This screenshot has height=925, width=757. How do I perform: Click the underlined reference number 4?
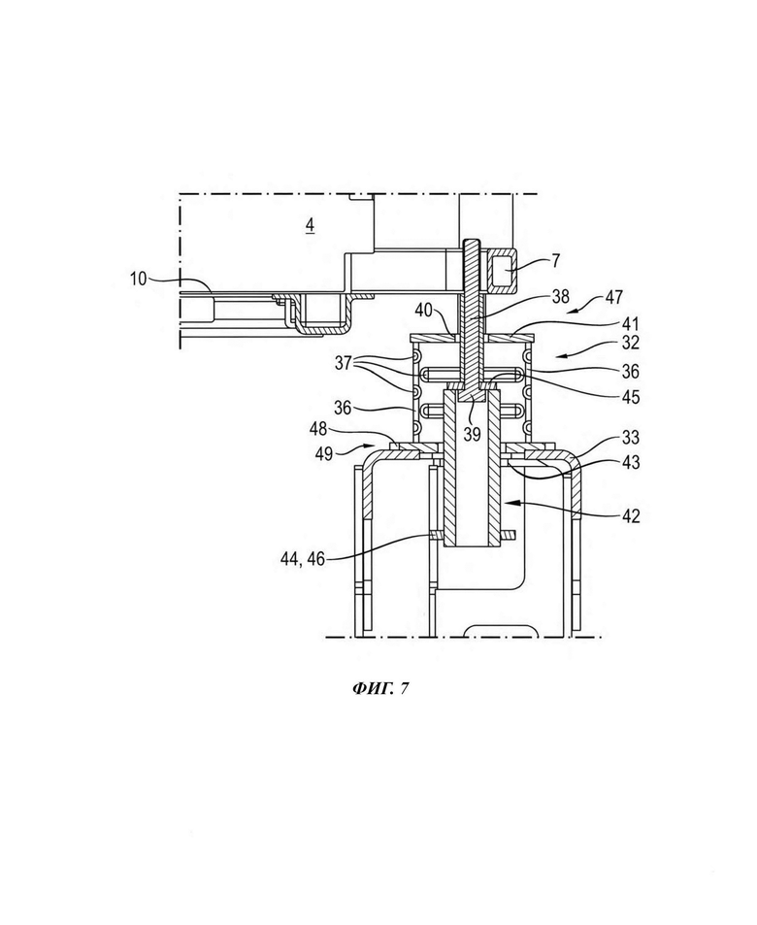[x=310, y=225]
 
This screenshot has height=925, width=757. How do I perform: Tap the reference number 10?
[x=138, y=279]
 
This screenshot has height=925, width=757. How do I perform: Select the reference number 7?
[x=556, y=259]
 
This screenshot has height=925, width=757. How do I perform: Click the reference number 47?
[x=613, y=297]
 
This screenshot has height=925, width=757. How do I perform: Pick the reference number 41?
[x=630, y=324]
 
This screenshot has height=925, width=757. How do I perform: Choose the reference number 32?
[x=630, y=343]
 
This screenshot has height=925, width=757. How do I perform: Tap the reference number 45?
[x=630, y=396]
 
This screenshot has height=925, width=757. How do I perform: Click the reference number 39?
[x=472, y=433]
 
